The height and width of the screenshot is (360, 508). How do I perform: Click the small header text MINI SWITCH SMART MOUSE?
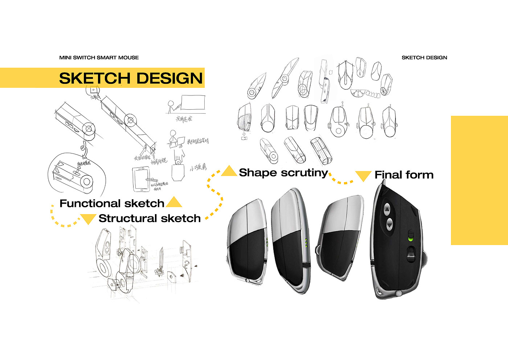coord(99,58)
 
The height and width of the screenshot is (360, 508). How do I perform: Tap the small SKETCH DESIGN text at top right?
coord(424,58)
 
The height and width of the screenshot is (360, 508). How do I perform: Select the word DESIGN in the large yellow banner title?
coord(169,78)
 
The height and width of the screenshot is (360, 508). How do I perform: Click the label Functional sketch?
coord(112,203)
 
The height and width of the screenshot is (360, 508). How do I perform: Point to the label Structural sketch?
coord(149,218)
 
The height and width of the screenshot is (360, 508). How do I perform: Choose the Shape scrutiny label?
coord(283,173)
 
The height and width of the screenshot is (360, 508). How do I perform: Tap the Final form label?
coord(404,175)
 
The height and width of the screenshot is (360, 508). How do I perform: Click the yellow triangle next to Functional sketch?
coord(174,202)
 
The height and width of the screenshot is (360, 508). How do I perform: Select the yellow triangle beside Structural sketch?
coord(88,218)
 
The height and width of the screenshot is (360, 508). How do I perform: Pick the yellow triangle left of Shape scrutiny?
coord(229,171)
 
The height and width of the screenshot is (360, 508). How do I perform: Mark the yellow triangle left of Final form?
coord(363,176)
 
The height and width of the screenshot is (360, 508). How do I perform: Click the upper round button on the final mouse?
coord(387,209)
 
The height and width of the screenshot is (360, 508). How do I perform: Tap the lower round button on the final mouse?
coord(389,225)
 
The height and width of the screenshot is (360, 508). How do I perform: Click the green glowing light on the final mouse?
coord(411,239)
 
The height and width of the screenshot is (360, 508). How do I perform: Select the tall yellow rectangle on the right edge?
coord(479,180)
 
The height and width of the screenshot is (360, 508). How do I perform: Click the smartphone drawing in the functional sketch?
coord(141,179)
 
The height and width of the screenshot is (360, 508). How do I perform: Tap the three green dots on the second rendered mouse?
coord(307,243)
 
